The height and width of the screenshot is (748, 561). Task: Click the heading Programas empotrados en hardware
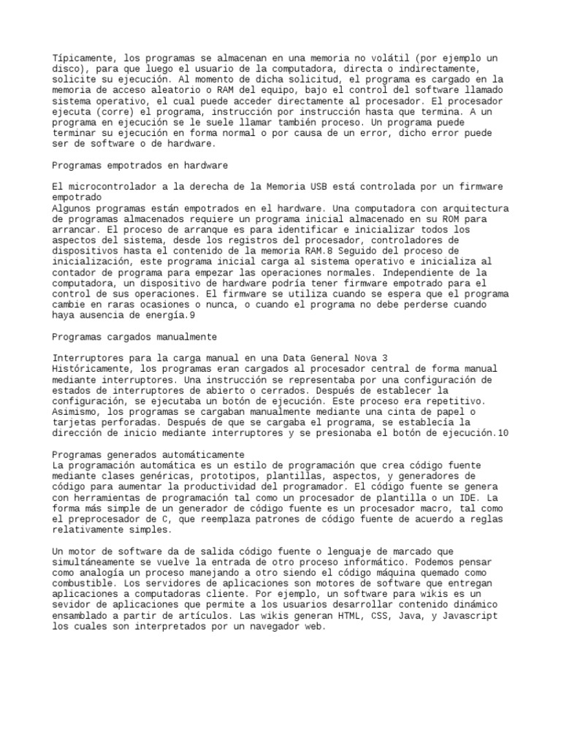point(141,165)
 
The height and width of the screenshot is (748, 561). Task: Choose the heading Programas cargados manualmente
point(135,337)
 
